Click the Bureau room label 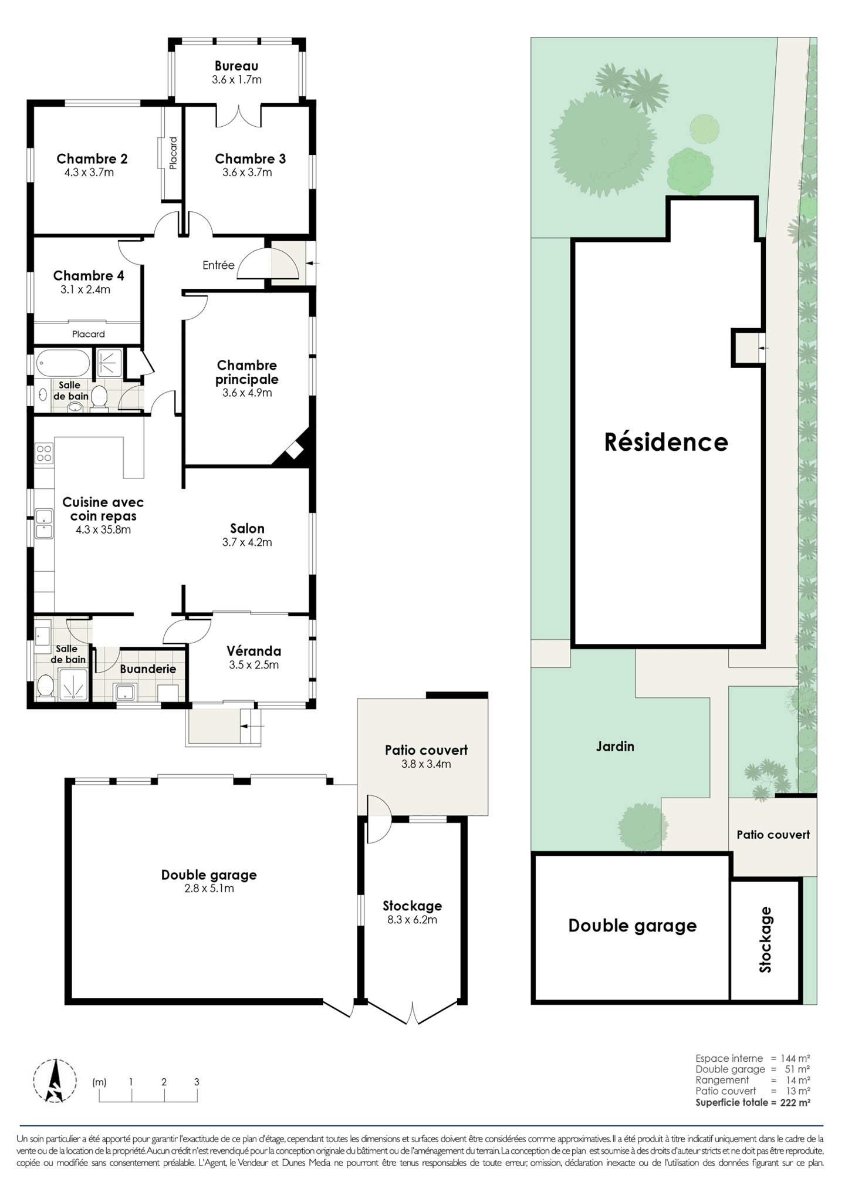[x=236, y=66]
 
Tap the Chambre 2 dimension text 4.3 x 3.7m [x=89, y=173]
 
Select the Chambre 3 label [x=250, y=158]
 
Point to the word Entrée [x=218, y=265]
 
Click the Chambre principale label [x=246, y=372]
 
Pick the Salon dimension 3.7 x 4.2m [x=247, y=542]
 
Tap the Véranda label [x=254, y=651]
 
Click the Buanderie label [x=148, y=669]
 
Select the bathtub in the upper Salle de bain [x=63, y=364]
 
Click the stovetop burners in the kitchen [x=44, y=453]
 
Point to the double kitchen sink [x=44, y=524]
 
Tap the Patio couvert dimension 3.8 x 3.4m [x=426, y=764]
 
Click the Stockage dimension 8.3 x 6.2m [x=412, y=920]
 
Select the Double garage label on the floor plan [x=209, y=875]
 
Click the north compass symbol [x=55, y=1081]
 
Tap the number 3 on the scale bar [x=197, y=1082]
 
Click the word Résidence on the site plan [x=666, y=442]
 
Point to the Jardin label [x=615, y=747]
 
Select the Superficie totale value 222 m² [x=795, y=1102]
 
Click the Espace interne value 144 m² [x=795, y=1058]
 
